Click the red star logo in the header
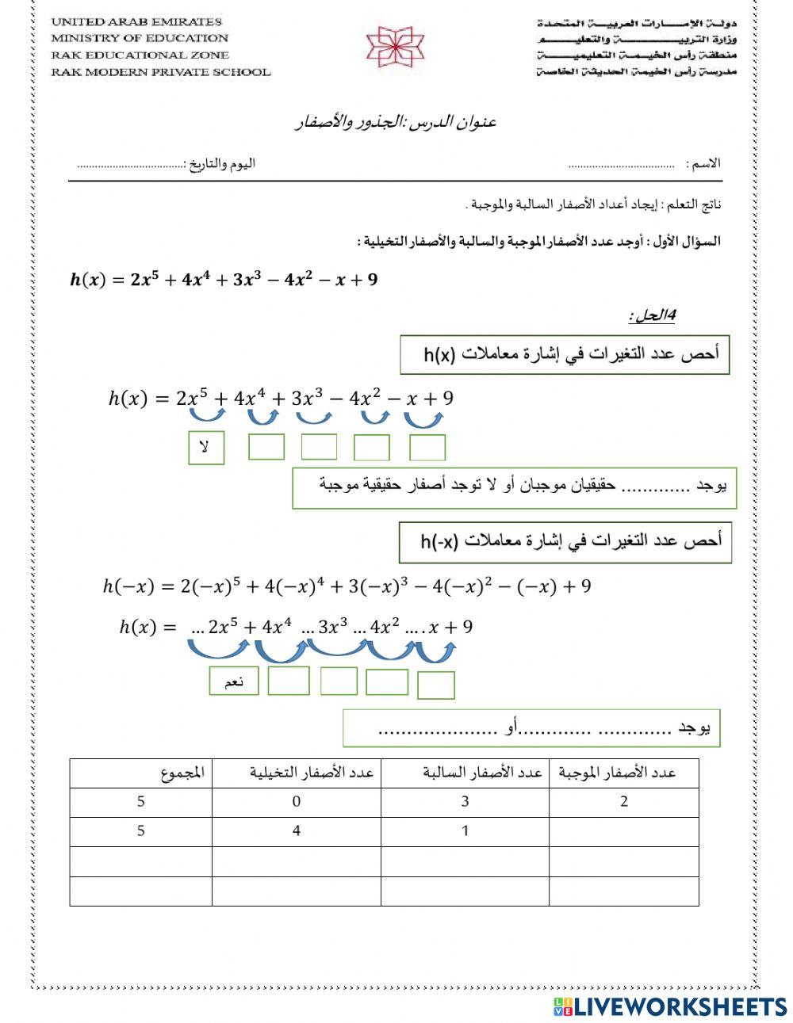(x=394, y=46)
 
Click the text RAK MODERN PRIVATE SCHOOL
(x=161, y=72)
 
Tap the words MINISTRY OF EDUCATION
(x=140, y=38)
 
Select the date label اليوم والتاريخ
(x=220, y=164)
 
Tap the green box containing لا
(x=206, y=448)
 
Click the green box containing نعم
(x=234, y=681)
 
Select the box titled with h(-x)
(x=565, y=543)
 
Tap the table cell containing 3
(x=465, y=802)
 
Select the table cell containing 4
(x=296, y=831)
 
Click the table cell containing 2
(x=624, y=802)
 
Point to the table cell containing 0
(x=296, y=802)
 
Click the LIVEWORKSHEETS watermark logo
(x=670, y=1006)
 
